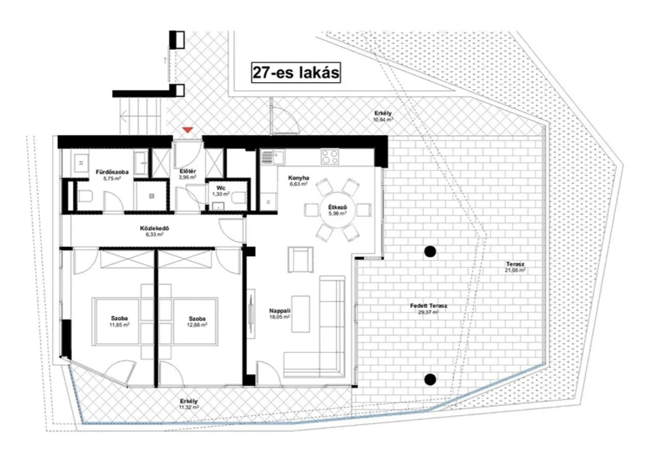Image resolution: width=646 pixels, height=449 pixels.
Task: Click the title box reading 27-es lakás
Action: point(296,73)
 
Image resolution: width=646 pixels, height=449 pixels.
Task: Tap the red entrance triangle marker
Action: point(188,130)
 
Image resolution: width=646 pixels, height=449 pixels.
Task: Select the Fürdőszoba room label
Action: point(112,172)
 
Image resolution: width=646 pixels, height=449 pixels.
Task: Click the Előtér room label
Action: point(188,171)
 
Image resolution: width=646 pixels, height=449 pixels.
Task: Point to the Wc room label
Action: point(221,188)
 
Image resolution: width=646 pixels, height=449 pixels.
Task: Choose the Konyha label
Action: point(299,178)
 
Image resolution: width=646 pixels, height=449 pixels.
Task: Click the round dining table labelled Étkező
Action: point(337,210)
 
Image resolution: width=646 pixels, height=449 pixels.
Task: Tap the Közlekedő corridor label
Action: point(155,228)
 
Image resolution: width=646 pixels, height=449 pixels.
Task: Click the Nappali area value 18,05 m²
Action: point(279,317)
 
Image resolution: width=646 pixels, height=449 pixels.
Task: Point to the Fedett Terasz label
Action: point(429,306)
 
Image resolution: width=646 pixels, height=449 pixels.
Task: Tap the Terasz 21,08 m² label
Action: point(515,267)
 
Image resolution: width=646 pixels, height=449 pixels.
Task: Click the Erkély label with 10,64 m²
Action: point(383,116)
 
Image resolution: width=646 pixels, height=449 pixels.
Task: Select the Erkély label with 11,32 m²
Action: point(189,404)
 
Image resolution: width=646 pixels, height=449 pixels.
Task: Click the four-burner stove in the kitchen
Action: point(330,157)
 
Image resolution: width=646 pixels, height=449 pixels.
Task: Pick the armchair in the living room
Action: point(300,260)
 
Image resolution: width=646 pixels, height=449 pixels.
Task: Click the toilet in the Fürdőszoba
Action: point(84,197)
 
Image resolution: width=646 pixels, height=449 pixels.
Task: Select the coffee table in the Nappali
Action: point(300,314)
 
